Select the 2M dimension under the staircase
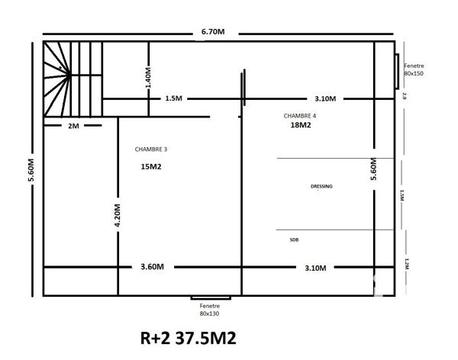[x=73, y=126]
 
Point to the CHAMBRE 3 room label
[x=150, y=149]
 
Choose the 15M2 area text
[x=150, y=166]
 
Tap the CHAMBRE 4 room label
[x=298, y=116]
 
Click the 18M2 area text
[x=300, y=127]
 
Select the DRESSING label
[x=321, y=186]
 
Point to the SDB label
[x=294, y=239]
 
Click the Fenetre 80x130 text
[x=209, y=309]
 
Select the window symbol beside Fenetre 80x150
[x=398, y=71]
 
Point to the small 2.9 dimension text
[x=405, y=96]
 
